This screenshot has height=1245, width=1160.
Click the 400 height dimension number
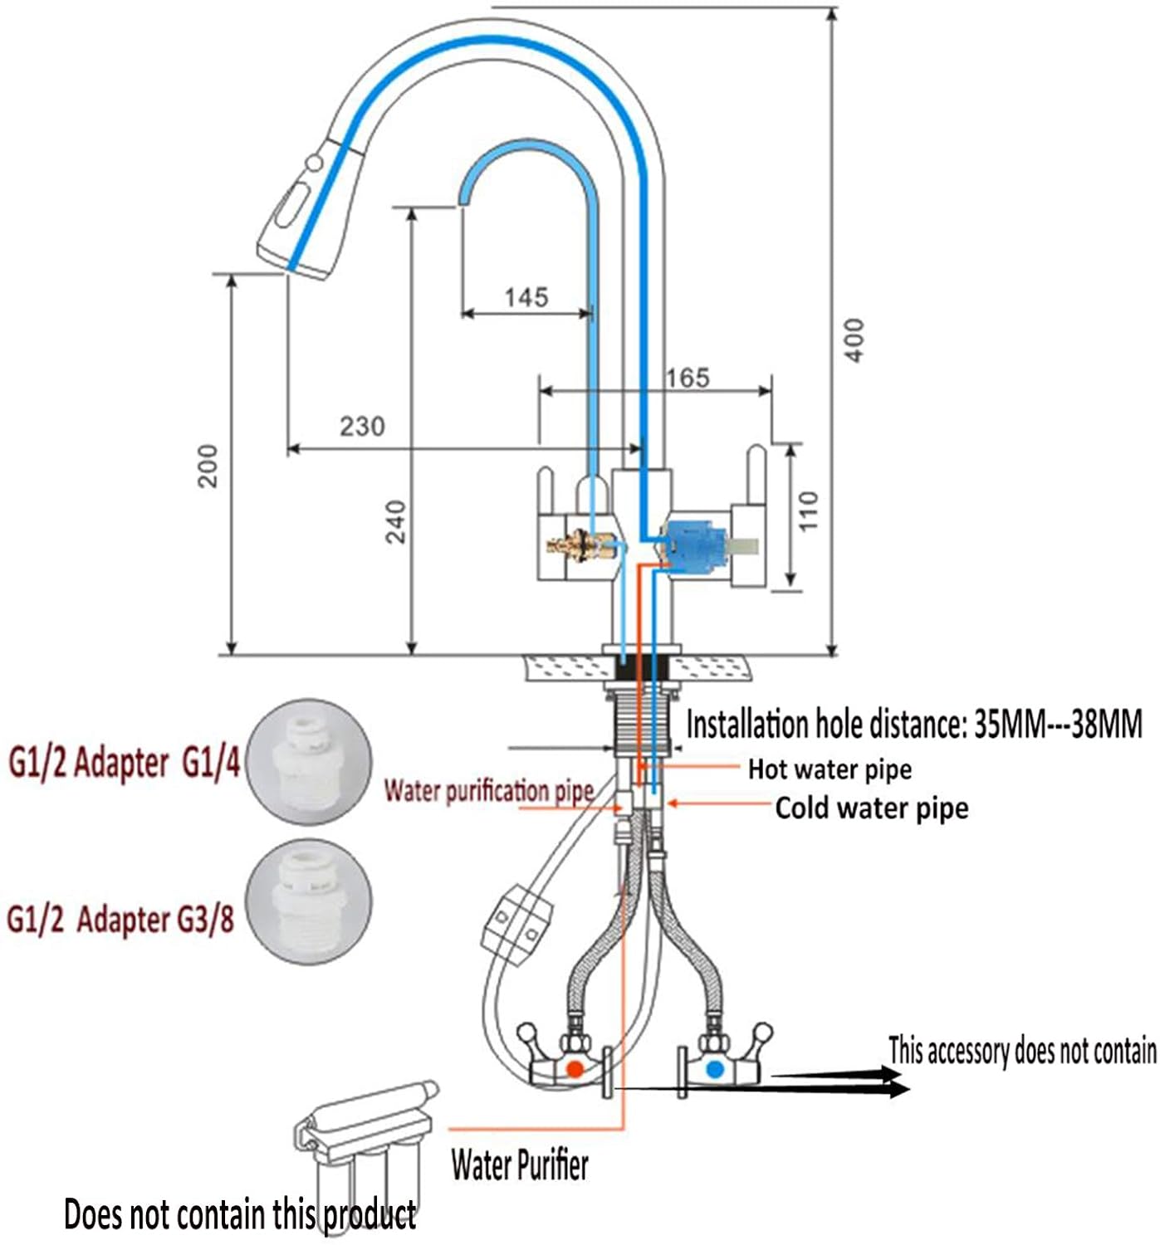click(x=854, y=340)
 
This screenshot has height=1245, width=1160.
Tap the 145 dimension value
click(x=526, y=297)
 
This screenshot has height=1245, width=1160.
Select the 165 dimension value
click(x=688, y=378)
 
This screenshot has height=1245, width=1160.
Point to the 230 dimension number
click(x=362, y=427)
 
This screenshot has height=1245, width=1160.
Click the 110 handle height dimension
click(x=808, y=511)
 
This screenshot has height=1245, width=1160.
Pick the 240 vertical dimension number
click(x=395, y=521)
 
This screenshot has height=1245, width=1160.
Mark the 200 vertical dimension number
click(x=208, y=466)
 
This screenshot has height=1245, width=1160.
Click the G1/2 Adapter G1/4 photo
click(x=308, y=762)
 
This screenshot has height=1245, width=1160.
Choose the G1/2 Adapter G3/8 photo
click(x=308, y=903)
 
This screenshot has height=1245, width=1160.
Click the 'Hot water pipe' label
click(x=830, y=769)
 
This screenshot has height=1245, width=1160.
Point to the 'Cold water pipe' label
click(x=871, y=808)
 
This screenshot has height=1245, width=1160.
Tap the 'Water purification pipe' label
click(x=489, y=791)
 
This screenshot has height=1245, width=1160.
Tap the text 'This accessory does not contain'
click(x=1022, y=1050)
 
